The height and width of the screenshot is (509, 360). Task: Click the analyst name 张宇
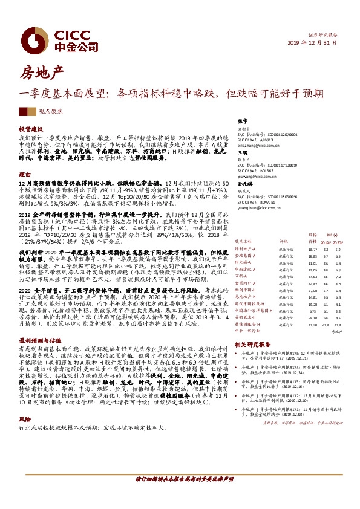coord(242,122)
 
